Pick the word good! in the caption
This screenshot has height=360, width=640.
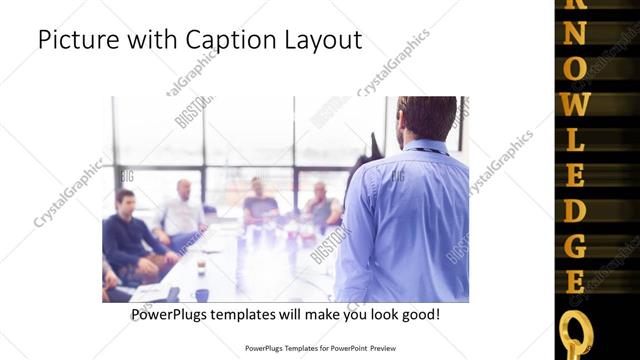click(416, 315)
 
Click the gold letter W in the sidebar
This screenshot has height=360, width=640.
click(576, 103)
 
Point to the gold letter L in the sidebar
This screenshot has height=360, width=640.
click(576, 139)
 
